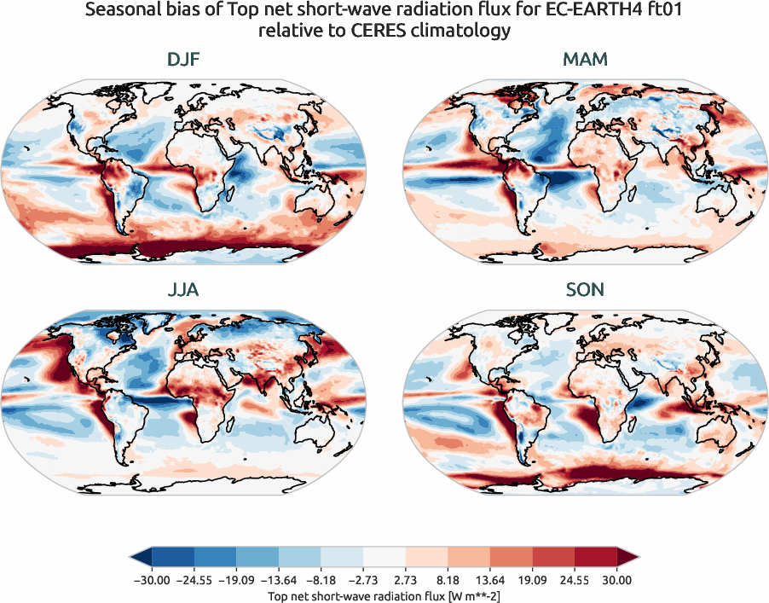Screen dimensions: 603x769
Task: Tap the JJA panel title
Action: click(x=184, y=290)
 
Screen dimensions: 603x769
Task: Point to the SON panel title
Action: click(x=585, y=290)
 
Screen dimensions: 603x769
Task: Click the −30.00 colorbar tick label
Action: click(x=152, y=580)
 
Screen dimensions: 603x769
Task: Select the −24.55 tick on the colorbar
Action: click(x=194, y=580)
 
